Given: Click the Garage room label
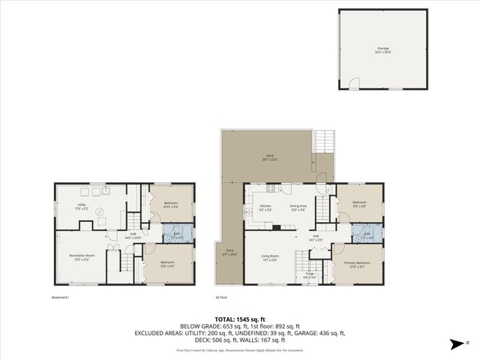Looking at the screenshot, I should (382, 49).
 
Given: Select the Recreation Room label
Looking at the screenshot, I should (82, 257).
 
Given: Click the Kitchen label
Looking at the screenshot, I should (265, 206).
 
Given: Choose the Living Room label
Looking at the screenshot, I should (270, 258).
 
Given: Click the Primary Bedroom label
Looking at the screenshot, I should (358, 263).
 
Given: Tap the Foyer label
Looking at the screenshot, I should (310, 275).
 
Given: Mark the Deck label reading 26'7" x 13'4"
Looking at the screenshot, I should (269, 157).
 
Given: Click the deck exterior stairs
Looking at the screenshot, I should (324, 140).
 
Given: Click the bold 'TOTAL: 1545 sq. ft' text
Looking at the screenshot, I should (239, 319).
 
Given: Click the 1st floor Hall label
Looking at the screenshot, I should (316, 238).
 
